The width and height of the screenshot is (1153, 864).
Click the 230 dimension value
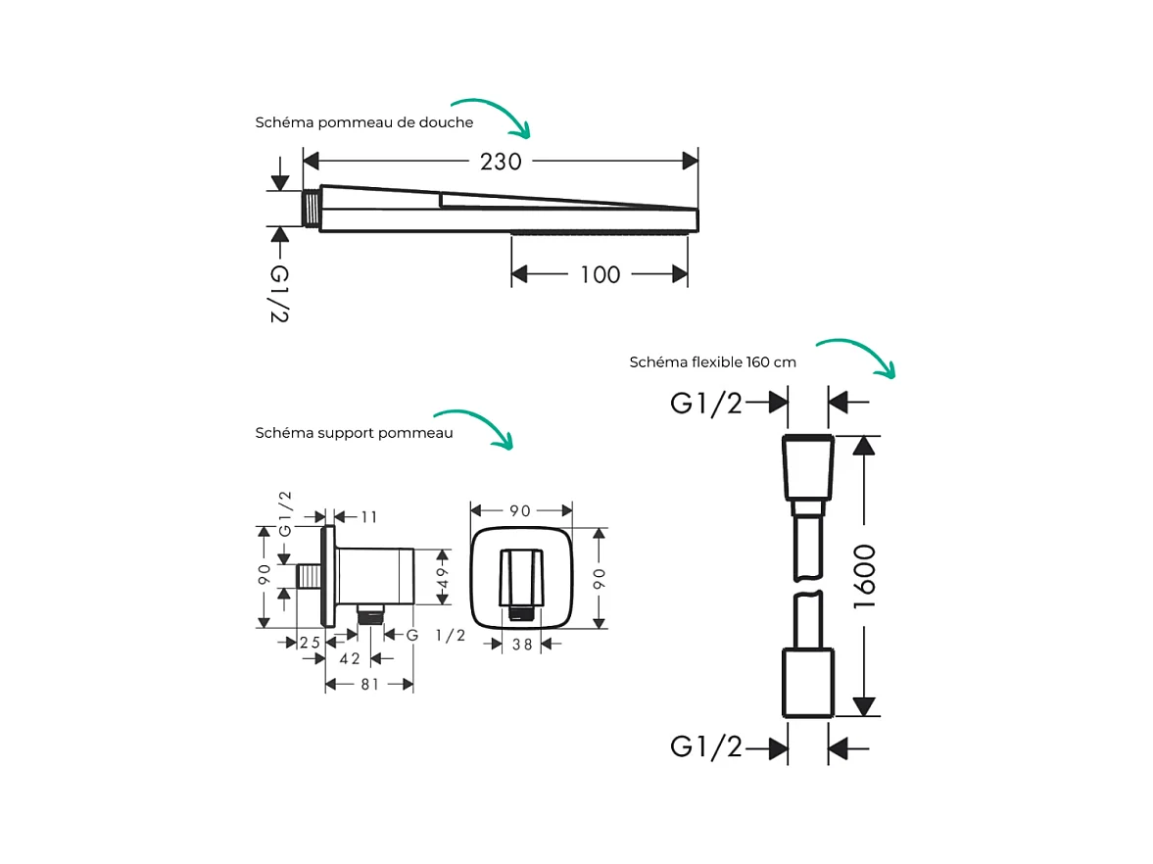(x=501, y=162)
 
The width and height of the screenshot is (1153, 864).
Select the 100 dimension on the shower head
(x=600, y=275)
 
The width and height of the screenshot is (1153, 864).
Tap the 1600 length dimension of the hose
(x=863, y=577)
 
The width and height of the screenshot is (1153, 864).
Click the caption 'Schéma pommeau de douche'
(x=364, y=123)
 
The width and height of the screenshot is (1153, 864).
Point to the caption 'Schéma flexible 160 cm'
(x=712, y=361)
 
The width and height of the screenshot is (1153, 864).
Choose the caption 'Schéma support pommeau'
(x=355, y=433)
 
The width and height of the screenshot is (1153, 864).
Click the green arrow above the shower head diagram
(x=492, y=116)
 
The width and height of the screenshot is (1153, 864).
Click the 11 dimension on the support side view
(x=368, y=517)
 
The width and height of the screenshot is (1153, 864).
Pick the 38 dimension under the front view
(x=522, y=645)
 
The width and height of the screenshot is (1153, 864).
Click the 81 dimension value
(x=369, y=685)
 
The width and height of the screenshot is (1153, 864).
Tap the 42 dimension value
(x=349, y=659)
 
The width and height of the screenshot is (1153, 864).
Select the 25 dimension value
(x=311, y=643)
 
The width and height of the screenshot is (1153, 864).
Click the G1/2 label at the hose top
(x=706, y=403)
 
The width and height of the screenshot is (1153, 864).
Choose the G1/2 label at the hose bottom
(x=706, y=747)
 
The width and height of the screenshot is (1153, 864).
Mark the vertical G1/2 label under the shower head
(x=279, y=293)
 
